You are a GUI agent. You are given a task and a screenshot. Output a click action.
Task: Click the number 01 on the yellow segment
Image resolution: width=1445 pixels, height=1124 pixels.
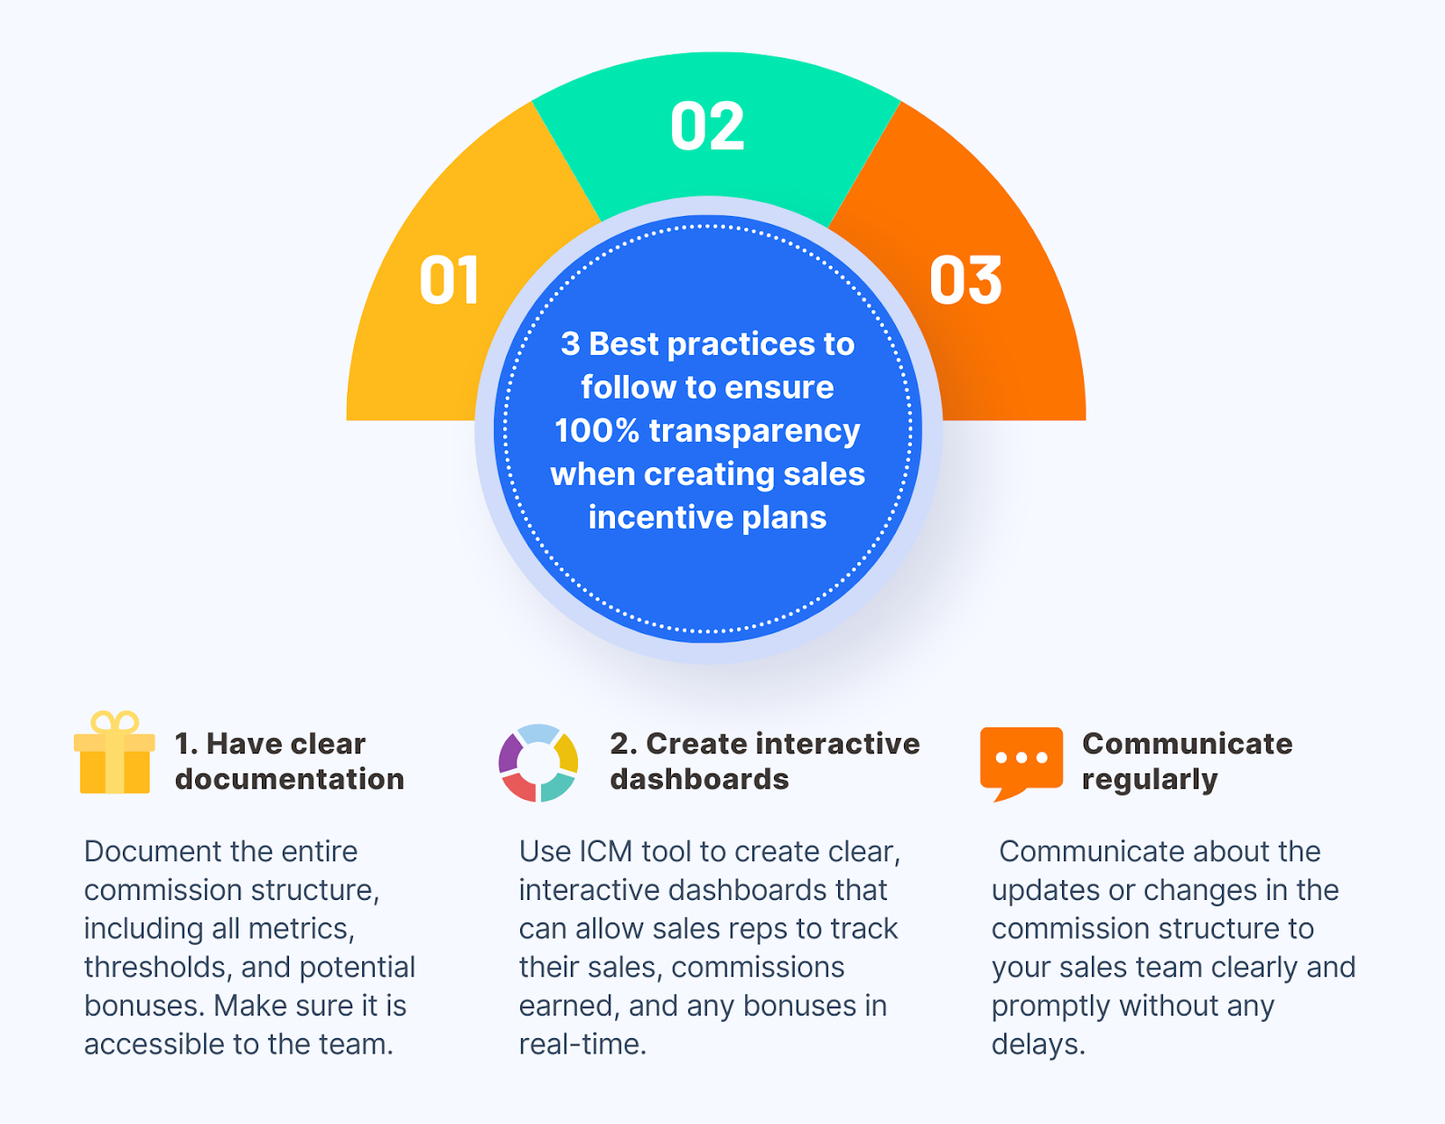tap(449, 281)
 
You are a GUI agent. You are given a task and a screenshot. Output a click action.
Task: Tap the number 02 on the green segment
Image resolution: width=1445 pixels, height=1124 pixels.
tap(707, 126)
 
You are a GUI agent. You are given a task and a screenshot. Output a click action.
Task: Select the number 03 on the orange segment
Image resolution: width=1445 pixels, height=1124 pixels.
tap(965, 281)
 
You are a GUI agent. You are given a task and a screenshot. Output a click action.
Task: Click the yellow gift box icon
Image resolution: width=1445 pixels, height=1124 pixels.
tap(115, 753)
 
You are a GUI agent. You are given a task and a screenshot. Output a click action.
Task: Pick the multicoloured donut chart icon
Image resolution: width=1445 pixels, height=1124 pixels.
tap(538, 763)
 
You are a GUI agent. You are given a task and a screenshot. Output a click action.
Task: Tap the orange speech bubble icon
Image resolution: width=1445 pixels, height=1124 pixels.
tap(1021, 763)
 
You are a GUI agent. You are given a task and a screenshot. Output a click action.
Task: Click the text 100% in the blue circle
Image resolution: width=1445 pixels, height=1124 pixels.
tap(596, 430)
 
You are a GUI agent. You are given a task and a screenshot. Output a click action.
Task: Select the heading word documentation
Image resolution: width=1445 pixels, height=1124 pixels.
tap(289, 779)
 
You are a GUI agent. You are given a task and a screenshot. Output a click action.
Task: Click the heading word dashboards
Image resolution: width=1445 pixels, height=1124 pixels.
tap(700, 779)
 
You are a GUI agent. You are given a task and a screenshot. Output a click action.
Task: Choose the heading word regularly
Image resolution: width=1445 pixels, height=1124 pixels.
tap(1150, 780)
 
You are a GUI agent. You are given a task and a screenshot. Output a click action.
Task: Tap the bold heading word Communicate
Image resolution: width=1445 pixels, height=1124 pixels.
tap(1188, 744)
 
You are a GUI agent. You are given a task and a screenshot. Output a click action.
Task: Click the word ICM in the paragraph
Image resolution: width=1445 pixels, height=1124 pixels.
tap(606, 851)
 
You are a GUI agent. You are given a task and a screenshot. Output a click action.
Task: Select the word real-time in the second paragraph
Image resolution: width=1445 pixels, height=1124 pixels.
tap(583, 1044)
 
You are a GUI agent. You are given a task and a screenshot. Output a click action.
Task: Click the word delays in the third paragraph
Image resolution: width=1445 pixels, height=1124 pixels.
tap(1038, 1044)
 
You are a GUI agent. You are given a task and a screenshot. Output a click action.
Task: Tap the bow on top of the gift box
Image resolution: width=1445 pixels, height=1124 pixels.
tap(115, 723)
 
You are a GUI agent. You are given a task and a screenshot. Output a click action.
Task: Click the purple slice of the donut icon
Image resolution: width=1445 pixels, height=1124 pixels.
tap(510, 753)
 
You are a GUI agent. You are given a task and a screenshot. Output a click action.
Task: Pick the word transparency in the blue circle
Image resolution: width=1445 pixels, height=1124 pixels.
tap(755, 432)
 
